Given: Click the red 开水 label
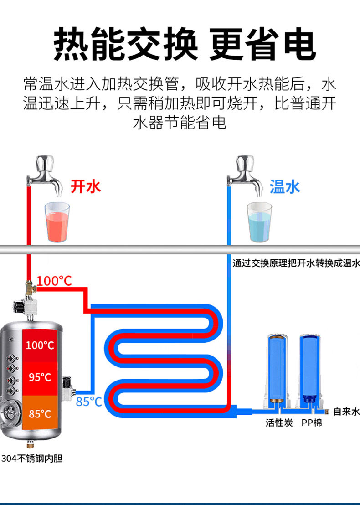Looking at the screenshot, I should pyautogui.click(x=85, y=186).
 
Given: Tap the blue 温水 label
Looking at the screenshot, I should pyautogui.click(x=285, y=186).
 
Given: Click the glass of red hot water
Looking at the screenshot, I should pyautogui.click(x=57, y=222).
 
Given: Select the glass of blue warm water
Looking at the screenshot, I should pyautogui.click(x=259, y=223).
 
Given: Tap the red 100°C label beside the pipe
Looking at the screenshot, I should pyautogui.click(x=54, y=281).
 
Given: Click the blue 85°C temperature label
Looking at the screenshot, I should pyautogui.click(x=89, y=402).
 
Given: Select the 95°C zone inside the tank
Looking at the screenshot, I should pyautogui.click(x=40, y=377).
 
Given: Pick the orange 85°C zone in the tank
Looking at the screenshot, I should pyautogui.click(x=40, y=414).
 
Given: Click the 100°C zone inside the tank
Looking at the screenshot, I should pyautogui.click(x=40, y=345).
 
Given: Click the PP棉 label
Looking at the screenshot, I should pyautogui.click(x=312, y=423).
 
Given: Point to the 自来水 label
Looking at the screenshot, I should pyautogui.click(x=346, y=412).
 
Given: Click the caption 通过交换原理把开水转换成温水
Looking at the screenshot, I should pyautogui.click(x=296, y=263).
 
